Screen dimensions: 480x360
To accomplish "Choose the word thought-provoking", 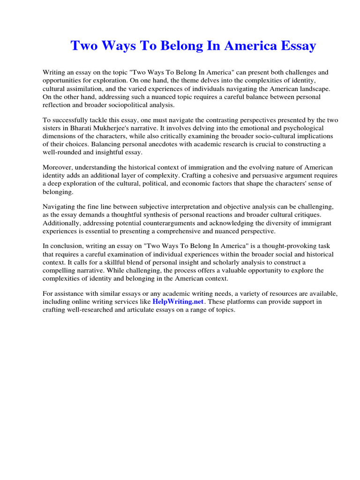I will tap(271, 247).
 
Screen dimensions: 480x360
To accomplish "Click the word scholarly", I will tap(215, 262).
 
